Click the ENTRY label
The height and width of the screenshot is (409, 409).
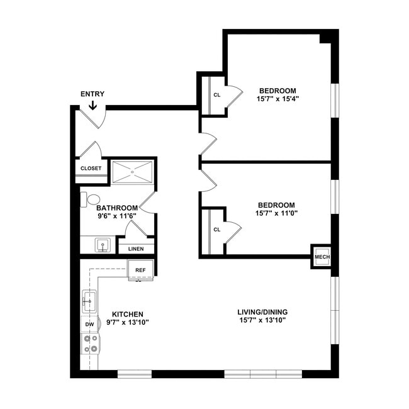(92, 94)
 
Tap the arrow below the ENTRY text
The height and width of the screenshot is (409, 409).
(92, 105)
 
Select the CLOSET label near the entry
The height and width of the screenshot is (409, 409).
(91, 169)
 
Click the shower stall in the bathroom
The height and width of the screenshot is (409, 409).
(132, 172)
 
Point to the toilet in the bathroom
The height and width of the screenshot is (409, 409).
(91, 199)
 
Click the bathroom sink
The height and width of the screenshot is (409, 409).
(101, 244)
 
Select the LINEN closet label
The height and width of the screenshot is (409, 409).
(136, 249)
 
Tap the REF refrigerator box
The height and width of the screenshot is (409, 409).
(140, 270)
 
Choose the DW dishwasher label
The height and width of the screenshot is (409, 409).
(89, 324)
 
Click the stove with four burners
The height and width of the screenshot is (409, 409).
(89, 344)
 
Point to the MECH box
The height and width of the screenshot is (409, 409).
(322, 257)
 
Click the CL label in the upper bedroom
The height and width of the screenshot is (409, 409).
(217, 95)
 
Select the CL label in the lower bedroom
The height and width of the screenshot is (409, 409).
(217, 230)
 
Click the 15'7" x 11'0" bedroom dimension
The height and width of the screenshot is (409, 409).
(276, 213)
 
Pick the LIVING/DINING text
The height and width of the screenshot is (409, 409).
(262, 312)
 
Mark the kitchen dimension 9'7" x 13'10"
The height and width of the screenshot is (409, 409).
(128, 322)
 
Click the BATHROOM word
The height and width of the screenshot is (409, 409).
(117, 208)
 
